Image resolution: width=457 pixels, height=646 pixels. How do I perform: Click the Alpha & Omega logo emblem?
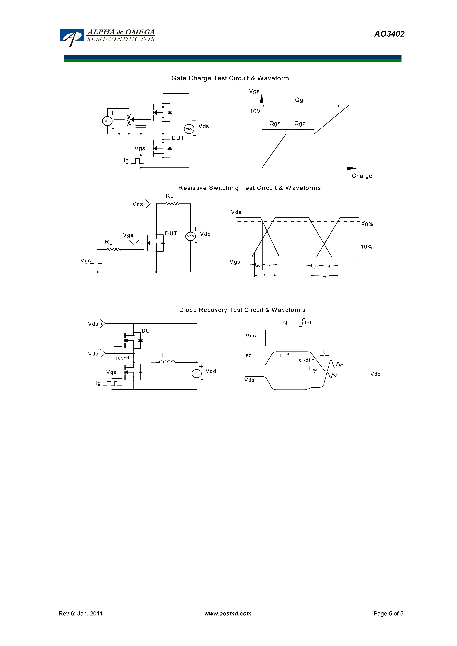72,37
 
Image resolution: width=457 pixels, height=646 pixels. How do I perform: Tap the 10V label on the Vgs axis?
255,111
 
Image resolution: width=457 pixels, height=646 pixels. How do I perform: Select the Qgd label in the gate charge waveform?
300,124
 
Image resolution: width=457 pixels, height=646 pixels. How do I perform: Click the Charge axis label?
362,176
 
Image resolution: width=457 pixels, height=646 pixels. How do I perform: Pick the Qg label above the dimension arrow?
299,100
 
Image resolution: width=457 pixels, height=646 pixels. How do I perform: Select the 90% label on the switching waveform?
367,224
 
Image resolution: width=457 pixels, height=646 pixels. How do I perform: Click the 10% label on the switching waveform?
366,247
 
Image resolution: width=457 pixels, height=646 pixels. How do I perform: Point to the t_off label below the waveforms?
324,276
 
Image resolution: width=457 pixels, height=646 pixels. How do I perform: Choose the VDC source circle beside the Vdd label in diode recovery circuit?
197,373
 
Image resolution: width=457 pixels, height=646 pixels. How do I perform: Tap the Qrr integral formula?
297,322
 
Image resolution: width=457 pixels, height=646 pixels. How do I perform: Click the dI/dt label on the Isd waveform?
305,360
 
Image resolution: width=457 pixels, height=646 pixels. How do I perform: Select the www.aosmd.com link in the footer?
228,613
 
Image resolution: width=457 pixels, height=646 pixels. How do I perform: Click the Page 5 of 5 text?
388,613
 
